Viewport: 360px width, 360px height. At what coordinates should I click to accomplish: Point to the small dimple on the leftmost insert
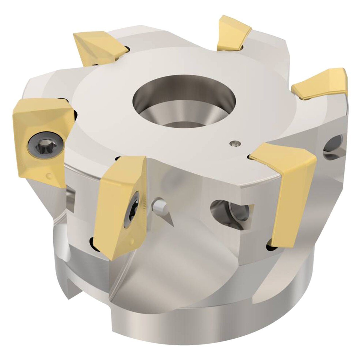[49, 176]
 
